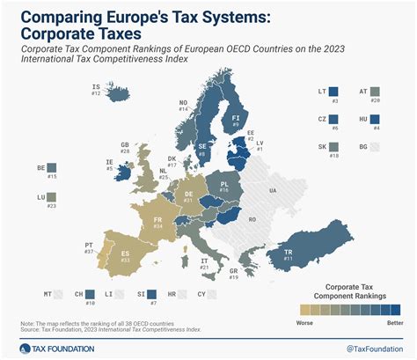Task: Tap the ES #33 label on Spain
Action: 126,258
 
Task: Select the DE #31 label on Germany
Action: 188,196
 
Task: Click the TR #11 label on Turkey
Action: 287,254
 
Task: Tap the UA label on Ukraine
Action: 273,190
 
